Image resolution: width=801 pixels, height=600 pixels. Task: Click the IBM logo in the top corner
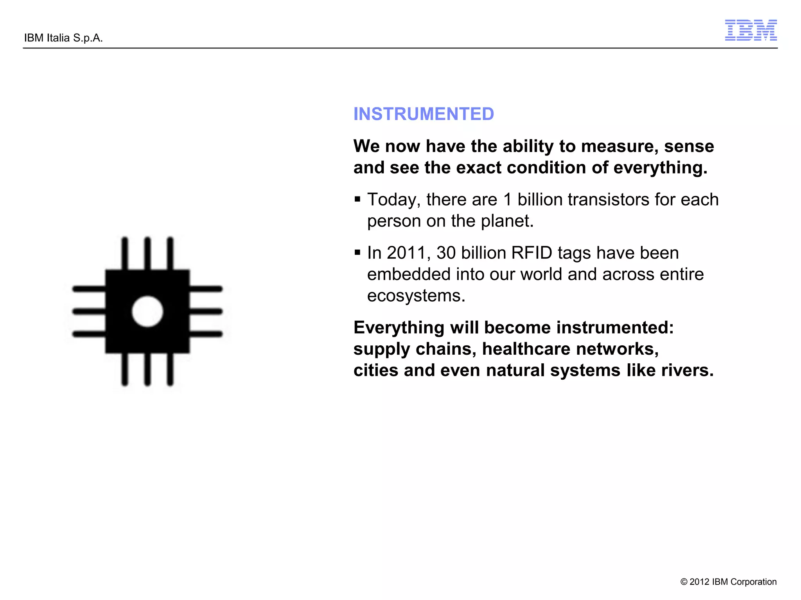[x=751, y=30]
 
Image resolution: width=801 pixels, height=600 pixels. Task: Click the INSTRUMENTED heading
[x=424, y=114]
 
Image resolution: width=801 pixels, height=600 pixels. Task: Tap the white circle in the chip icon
[x=147, y=311]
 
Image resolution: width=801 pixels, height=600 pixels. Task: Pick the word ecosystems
[x=416, y=296]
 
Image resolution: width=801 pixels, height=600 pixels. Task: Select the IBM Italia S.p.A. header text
[x=63, y=38]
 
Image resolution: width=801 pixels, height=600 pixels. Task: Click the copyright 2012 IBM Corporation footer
[x=728, y=582]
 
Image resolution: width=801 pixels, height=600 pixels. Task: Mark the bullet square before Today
[x=357, y=200]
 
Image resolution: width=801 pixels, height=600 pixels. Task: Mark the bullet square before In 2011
[x=357, y=253]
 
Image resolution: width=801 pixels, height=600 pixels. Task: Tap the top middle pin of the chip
[x=147, y=253]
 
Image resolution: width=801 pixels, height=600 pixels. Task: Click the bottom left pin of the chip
[x=125, y=370]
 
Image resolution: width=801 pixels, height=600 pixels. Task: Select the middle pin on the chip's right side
[x=206, y=311]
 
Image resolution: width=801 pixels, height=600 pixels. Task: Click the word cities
[x=376, y=370]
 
